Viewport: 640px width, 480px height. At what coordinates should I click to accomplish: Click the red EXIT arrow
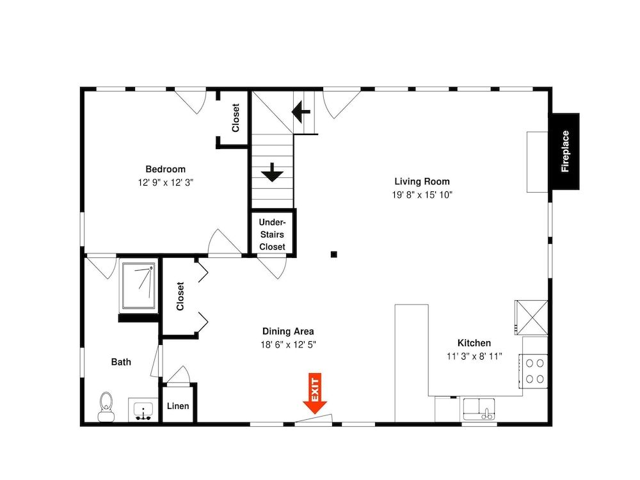[315, 393]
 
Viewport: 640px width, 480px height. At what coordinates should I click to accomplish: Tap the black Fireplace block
[564, 152]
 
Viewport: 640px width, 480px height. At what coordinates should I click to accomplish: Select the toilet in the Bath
[106, 407]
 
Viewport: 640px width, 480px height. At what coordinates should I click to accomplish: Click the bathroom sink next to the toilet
[143, 410]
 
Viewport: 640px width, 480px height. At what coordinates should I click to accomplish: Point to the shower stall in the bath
[139, 285]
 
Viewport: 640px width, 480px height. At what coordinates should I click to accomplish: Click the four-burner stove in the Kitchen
[534, 371]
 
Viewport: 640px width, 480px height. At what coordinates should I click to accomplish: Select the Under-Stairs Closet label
[272, 234]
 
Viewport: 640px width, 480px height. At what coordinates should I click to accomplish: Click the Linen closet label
[178, 406]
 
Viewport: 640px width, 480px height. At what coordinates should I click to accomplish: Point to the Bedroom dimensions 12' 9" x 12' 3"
[165, 182]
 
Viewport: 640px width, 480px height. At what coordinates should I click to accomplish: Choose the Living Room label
[422, 181]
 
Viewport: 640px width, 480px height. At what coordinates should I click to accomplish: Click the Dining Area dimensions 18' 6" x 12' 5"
[288, 344]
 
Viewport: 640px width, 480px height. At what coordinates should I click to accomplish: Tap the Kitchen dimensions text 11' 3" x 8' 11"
[474, 356]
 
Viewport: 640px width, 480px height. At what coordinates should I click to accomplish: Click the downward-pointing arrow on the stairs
[272, 172]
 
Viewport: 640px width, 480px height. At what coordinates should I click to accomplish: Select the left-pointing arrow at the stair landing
[301, 111]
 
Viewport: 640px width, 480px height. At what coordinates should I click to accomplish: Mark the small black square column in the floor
[334, 255]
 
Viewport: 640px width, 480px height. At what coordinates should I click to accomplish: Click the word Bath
[121, 362]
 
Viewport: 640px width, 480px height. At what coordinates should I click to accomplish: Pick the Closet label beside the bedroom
[236, 118]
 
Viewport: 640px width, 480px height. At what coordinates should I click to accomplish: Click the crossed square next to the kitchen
[531, 317]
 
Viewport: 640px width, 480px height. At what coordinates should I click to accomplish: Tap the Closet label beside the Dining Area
[180, 296]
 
